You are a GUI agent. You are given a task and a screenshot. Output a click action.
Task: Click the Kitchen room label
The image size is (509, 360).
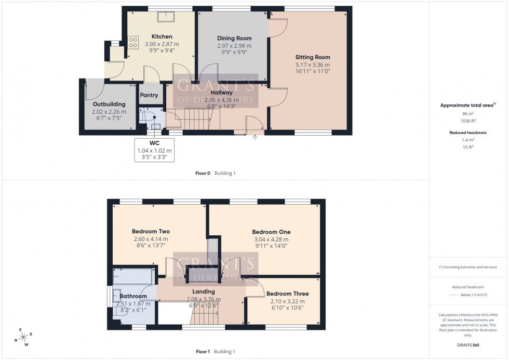pyautogui.click(x=162, y=36)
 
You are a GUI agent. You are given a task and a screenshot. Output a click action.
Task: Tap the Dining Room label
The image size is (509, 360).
pyautogui.click(x=234, y=38)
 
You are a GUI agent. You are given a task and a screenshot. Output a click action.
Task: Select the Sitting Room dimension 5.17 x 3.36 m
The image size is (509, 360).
pyautogui.click(x=313, y=64)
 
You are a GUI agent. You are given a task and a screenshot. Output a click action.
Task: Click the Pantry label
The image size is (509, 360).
pyautogui.click(x=149, y=95)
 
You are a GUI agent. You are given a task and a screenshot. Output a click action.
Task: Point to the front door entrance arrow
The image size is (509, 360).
pyautogui.click(x=255, y=137)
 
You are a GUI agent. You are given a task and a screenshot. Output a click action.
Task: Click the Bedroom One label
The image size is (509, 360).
pyautogui.click(x=271, y=232)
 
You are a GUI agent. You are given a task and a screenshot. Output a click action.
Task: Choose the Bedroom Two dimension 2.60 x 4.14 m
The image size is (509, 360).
pyautogui.click(x=151, y=239)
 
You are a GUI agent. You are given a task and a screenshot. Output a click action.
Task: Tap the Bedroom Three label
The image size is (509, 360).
pyautogui.click(x=283, y=294)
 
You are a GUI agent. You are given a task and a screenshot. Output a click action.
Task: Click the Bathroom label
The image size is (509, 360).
pyautogui.click(x=133, y=296)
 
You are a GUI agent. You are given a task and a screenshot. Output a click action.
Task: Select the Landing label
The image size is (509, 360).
pyautogui.click(x=204, y=292)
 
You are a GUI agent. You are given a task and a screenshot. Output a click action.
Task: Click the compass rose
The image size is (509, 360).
pyautogui.click(x=23, y=336)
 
